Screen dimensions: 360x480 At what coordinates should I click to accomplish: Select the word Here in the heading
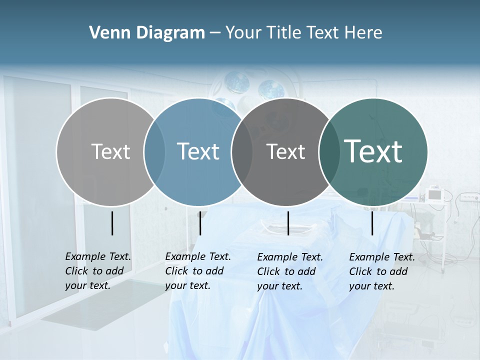click(x=364, y=33)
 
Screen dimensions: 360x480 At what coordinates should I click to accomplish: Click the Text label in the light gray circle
click(x=110, y=151)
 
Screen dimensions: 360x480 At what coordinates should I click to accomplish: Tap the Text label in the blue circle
click(x=198, y=151)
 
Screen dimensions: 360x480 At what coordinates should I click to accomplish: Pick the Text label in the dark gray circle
click(x=286, y=151)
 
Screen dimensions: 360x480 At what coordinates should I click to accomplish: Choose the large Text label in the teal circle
click(x=373, y=151)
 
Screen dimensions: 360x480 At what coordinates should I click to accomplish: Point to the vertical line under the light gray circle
click(x=112, y=223)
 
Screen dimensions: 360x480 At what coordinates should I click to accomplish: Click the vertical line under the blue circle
click(x=200, y=223)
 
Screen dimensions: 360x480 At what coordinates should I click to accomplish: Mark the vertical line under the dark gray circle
click(x=288, y=223)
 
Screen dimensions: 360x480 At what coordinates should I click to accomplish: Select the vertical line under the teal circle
click(x=372, y=223)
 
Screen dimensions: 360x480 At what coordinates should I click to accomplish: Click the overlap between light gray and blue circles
click(x=155, y=151)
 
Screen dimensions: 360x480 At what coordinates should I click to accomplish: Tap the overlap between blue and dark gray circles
click(x=242, y=151)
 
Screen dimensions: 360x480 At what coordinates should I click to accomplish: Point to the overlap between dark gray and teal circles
click(x=327, y=151)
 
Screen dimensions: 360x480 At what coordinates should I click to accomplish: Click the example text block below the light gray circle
click(x=97, y=271)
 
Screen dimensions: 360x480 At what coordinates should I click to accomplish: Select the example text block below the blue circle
click(x=197, y=271)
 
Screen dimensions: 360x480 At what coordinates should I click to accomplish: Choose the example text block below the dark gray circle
click(x=289, y=271)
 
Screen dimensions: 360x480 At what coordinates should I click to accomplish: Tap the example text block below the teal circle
click(x=381, y=271)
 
